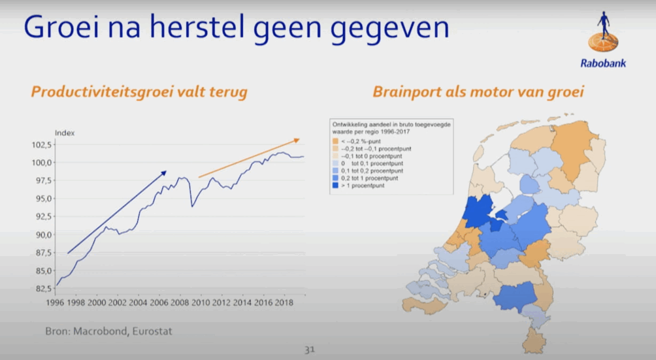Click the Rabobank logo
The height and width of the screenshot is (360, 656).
click(x=603, y=39)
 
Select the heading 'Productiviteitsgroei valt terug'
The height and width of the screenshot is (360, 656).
click(x=139, y=92)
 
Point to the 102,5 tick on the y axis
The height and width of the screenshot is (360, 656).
click(x=42, y=145)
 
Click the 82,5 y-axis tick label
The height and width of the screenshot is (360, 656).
click(x=43, y=289)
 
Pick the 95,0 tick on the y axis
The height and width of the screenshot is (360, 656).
click(x=43, y=199)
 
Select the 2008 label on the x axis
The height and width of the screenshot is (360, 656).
click(x=180, y=303)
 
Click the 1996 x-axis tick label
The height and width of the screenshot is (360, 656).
click(x=55, y=303)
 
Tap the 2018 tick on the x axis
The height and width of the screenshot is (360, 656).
click(x=284, y=303)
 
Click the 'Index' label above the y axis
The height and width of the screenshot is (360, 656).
click(x=65, y=133)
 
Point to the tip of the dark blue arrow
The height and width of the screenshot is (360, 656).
click(x=167, y=171)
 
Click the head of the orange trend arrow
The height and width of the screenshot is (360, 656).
click(x=299, y=139)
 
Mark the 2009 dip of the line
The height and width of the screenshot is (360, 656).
click(x=192, y=206)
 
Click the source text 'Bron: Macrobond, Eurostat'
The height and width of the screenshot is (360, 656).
click(x=108, y=331)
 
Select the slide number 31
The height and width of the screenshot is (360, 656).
click(x=310, y=350)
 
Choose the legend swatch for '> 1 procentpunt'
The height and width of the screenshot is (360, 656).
click(x=335, y=186)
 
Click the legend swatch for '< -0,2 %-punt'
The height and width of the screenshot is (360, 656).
click(x=335, y=142)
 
